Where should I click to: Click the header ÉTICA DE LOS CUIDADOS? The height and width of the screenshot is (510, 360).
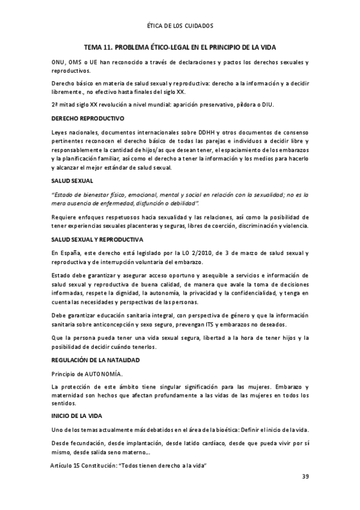coord(180,27)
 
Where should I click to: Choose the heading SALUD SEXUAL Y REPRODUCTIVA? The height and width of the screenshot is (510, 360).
coord(97,239)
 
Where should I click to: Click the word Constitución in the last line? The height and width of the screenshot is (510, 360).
coord(112,467)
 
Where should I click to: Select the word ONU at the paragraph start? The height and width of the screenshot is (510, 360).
coord(59,63)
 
